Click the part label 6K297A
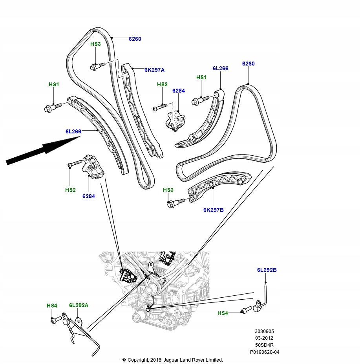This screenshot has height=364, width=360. click(154, 70)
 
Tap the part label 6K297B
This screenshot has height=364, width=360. click(213, 210)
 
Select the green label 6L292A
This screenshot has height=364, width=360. click(79, 305)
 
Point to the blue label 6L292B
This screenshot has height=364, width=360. click(267, 270)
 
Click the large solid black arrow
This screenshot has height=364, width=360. click(43, 151)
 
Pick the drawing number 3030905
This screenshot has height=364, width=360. click(264, 331)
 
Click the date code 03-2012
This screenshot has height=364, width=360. click(264, 338)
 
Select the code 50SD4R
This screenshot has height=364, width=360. click(264, 345)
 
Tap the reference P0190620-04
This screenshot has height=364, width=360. click(265, 352)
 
